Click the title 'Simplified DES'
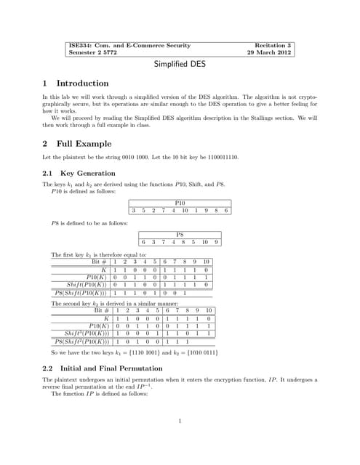pyautogui.click(x=180, y=64)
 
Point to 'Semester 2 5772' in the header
pyautogui.click(x=92, y=53)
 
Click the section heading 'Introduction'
pyautogui.click(x=82, y=84)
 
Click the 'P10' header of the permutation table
pyautogui.click(x=180, y=203)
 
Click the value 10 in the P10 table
pyautogui.click(x=185, y=211)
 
